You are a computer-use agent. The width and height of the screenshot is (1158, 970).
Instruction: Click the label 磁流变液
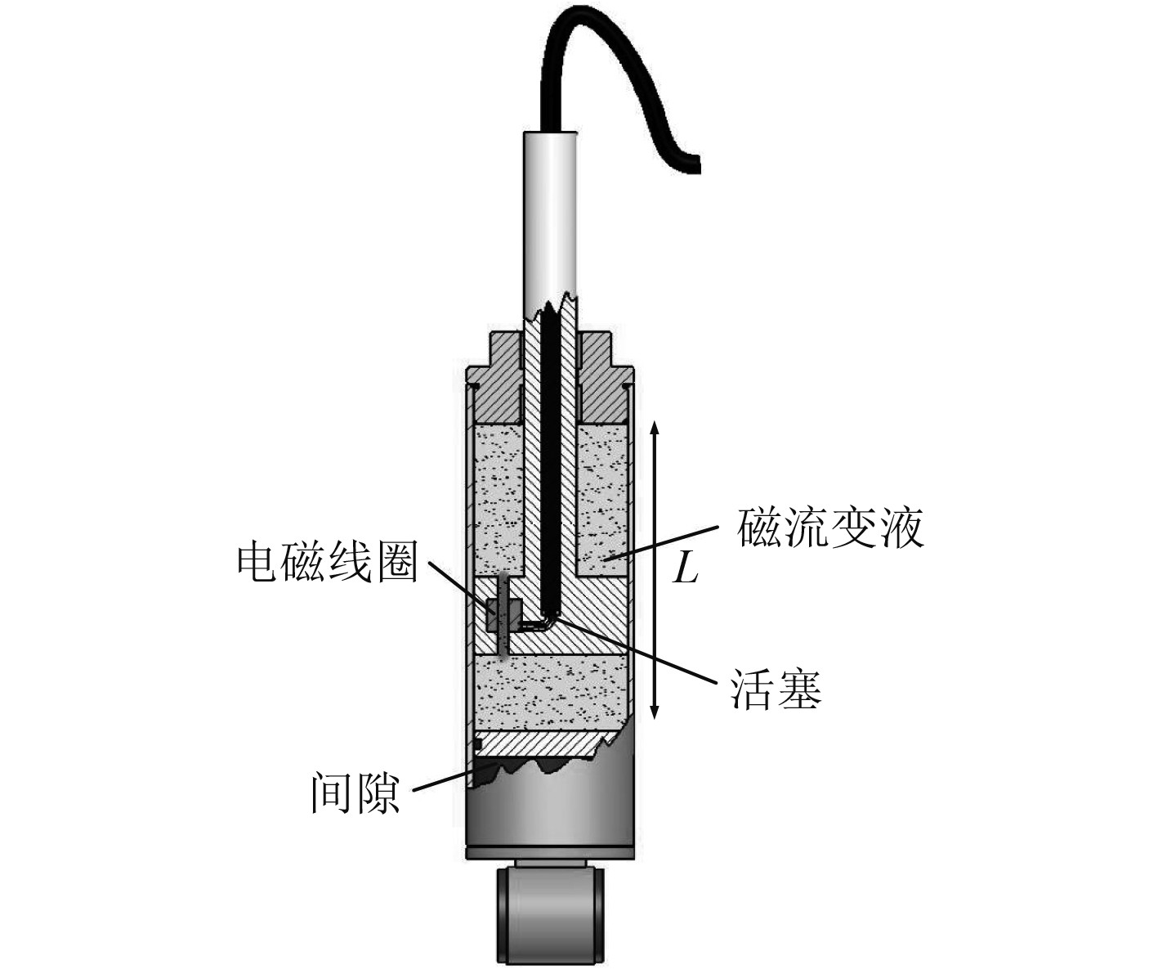pos(830,528)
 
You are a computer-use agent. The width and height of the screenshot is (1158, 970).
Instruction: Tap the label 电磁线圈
pos(327,564)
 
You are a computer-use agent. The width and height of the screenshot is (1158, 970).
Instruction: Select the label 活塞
pos(775,689)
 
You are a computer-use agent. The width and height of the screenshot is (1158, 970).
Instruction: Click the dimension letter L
pos(685,567)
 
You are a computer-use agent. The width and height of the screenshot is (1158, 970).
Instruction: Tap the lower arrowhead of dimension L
pos(655,713)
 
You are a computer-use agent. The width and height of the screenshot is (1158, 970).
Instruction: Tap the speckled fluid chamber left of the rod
pos(499,499)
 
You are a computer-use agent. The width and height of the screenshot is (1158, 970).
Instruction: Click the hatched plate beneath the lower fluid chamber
pos(535,743)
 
